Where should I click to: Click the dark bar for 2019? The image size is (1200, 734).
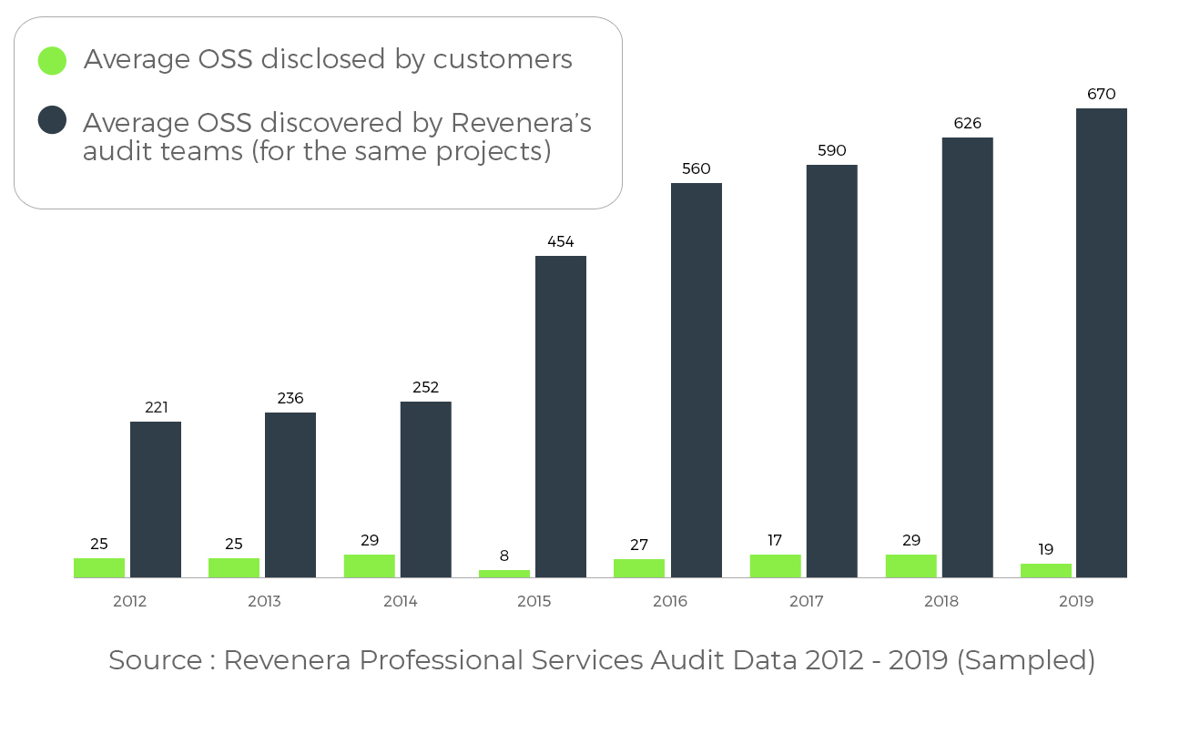[1101, 342]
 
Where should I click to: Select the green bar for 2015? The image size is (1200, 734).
[504, 574]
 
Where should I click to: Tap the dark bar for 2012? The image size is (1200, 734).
[156, 499]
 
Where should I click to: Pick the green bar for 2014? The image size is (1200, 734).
[370, 566]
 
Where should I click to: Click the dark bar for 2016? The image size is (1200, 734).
[697, 380]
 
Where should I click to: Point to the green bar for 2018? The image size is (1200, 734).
[910, 566]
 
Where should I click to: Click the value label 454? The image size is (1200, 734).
[561, 241]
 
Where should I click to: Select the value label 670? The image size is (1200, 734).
[1101, 94]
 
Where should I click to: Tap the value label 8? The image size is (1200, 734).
[504, 556]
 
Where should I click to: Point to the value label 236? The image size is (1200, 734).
[290, 398]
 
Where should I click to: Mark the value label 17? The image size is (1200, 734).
[775, 540]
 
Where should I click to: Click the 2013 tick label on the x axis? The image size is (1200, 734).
[264, 601]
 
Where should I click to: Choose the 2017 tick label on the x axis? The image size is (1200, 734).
[806, 601]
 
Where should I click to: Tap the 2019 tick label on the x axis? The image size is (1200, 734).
[1076, 601]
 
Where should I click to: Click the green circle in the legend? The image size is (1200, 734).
[52, 60]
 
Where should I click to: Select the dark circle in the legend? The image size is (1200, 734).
[52, 119]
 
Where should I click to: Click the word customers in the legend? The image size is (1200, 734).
[503, 60]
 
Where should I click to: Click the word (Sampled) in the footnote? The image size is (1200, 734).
[1026, 660]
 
